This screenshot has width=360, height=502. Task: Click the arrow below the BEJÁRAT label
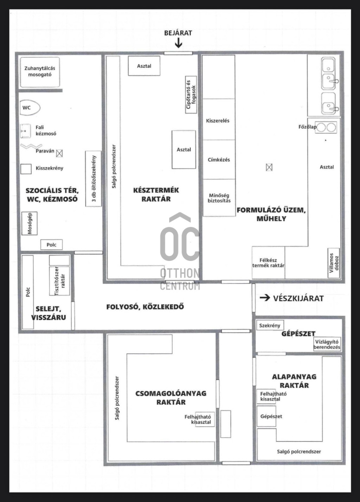[x=179, y=43]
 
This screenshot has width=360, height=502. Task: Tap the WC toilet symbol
[x=30, y=108]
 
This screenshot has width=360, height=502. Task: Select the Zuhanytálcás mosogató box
[x=40, y=72]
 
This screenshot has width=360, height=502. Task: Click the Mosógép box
[x=30, y=223]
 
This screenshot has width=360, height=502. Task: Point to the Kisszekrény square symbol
[x=26, y=169]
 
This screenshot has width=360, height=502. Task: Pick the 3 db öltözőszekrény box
[x=93, y=179]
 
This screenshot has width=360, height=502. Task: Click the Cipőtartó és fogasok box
[x=191, y=95]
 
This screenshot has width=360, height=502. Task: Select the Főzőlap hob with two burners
[x=326, y=128]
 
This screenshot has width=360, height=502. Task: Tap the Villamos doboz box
[x=334, y=263]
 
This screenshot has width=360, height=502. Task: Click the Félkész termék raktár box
[x=268, y=263]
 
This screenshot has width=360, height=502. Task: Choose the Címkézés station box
[x=219, y=160]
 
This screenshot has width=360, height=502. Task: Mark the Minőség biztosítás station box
[x=219, y=198]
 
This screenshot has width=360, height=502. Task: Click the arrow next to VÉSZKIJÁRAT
[x=265, y=298]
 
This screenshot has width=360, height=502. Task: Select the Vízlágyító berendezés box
[x=327, y=344]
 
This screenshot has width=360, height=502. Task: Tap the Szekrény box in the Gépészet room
[x=270, y=326]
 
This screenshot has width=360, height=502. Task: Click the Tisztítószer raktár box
[x=59, y=281]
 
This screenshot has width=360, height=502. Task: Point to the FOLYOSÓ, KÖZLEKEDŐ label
[x=145, y=307]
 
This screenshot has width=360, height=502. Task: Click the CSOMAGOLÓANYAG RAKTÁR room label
[x=171, y=398]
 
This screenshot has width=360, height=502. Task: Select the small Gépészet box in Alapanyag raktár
[x=266, y=416]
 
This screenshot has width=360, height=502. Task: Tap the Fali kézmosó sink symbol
[x=25, y=131]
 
